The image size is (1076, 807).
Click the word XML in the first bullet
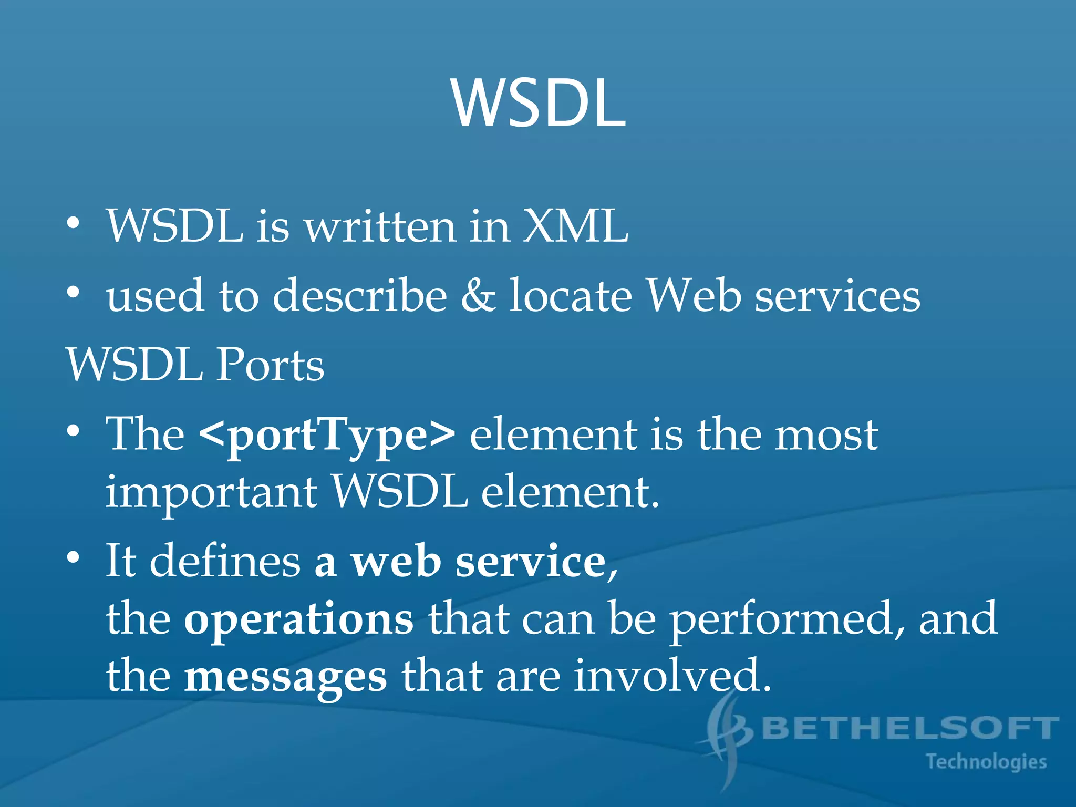[x=575, y=226]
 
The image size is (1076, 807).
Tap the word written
[x=381, y=226]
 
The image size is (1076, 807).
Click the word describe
[x=359, y=296]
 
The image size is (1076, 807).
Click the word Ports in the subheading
[x=270, y=365]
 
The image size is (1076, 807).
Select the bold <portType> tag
[x=327, y=435]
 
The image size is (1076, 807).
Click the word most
[x=826, y=435]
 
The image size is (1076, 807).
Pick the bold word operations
[x=298, y=619]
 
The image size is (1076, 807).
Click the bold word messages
[x=285, y=677]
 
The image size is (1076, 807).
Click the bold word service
[x=531, y=561]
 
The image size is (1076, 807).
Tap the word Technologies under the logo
[x=986, y=762]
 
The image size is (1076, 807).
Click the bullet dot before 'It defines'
[x=74, y=557]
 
